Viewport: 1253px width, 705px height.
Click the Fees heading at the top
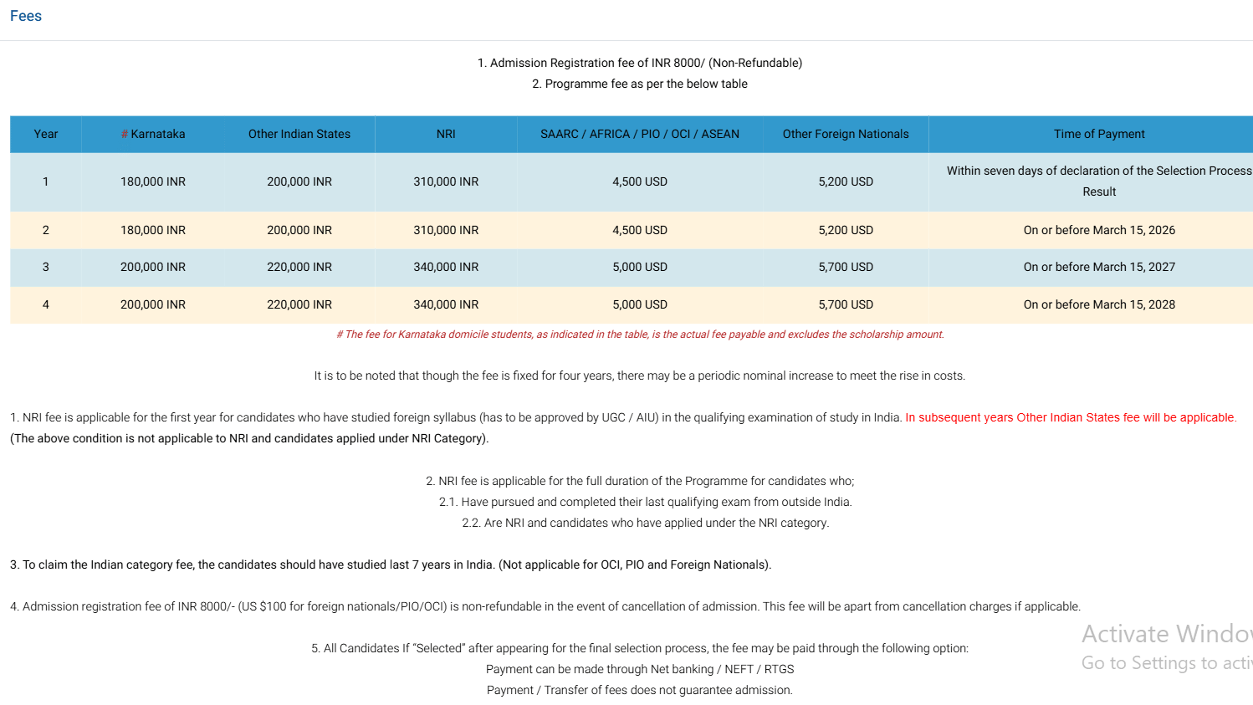[x=26, y=16]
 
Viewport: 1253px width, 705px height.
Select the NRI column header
[x=446, y=134]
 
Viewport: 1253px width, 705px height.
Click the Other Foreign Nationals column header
[x=845, y=134]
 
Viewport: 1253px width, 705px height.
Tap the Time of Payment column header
[x=1098, y=134]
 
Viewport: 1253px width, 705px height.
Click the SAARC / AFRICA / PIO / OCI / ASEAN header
[x=639, y=134]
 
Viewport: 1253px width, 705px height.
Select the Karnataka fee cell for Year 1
[x=153, y=181]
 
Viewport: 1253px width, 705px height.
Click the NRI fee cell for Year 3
[x=446, y=267]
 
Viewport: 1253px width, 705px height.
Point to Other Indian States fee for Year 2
[x=299, y=230]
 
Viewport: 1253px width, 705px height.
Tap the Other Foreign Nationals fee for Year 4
[x=845, y=304]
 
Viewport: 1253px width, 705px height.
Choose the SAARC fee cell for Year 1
[x=639, y=181]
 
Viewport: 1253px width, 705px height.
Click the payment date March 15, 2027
[x=1098, y=267]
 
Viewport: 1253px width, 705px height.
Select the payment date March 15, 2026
[x=1098, y=230]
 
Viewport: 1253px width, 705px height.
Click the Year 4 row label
[x=46, y=304]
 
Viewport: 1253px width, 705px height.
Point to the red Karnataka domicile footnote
[x=640, y=335]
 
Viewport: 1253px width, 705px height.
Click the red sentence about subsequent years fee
[x=1069, y=417]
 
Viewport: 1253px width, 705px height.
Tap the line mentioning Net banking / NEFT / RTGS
[x=640, y=669]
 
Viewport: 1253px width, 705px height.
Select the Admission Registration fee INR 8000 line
[x=640, y=63]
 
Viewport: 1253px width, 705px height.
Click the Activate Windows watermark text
[x=1166, y=634]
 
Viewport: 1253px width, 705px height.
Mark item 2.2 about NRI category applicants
[x=645, y=523]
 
